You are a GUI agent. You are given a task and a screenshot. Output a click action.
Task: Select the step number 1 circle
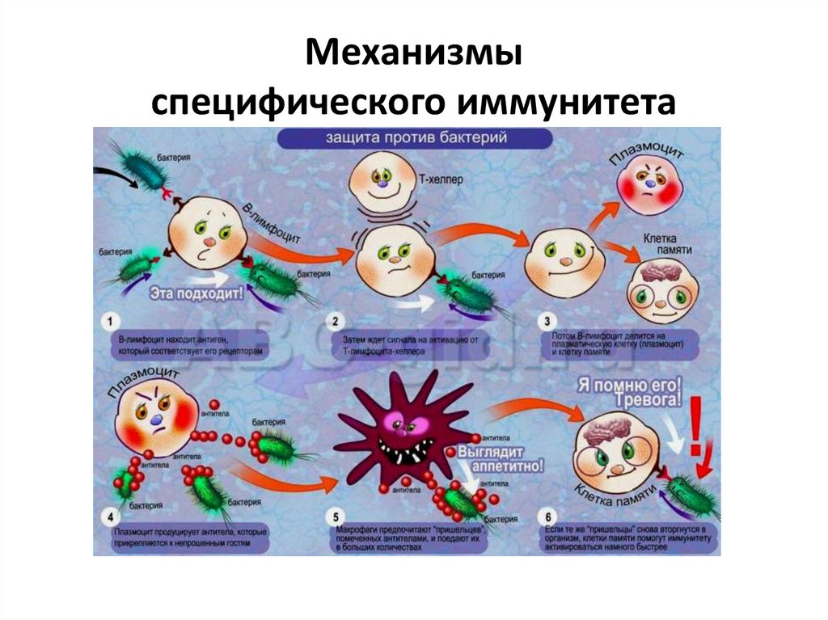tap(108, 322)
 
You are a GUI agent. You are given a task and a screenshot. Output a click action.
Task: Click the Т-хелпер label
tap(441, 181)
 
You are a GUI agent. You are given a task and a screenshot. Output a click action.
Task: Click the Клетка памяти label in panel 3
tap(670, 245)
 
